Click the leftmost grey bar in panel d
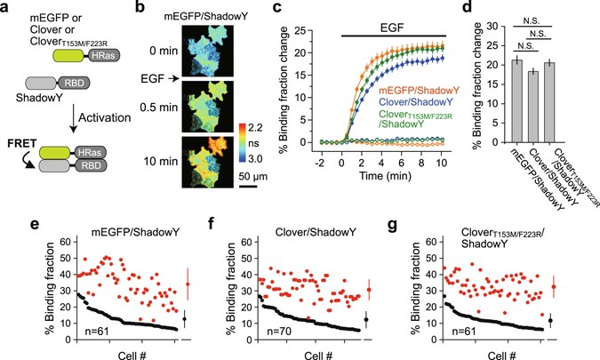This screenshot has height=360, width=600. [x=512, y=100]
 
